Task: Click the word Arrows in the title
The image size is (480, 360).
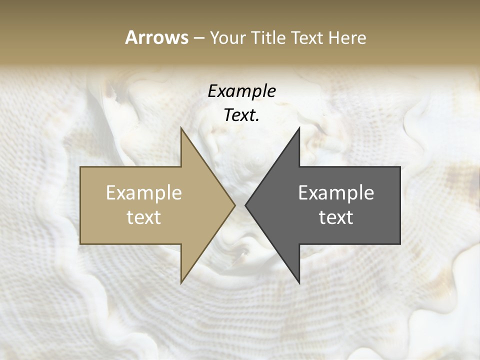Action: tap(156, 37)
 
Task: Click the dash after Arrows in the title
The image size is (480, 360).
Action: tap(199, 38)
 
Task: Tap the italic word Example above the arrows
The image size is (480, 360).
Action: tap(241, 91)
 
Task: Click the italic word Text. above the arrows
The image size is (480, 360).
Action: tap(241, 115)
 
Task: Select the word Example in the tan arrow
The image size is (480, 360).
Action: tap(144, 193)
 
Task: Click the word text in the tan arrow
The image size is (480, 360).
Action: tap(144, 217)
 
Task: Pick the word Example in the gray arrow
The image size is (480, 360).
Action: tap(336, 193)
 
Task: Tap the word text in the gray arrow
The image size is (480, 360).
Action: tap(336, 217)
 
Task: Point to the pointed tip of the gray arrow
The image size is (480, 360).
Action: tap(246, 205)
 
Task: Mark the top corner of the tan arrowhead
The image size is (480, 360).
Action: tap(181, 128)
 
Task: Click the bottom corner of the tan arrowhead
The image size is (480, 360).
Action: tap(181, 282)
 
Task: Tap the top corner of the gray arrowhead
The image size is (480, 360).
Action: tap(299, 128)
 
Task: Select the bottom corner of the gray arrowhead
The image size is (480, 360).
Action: tap(299, 282)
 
